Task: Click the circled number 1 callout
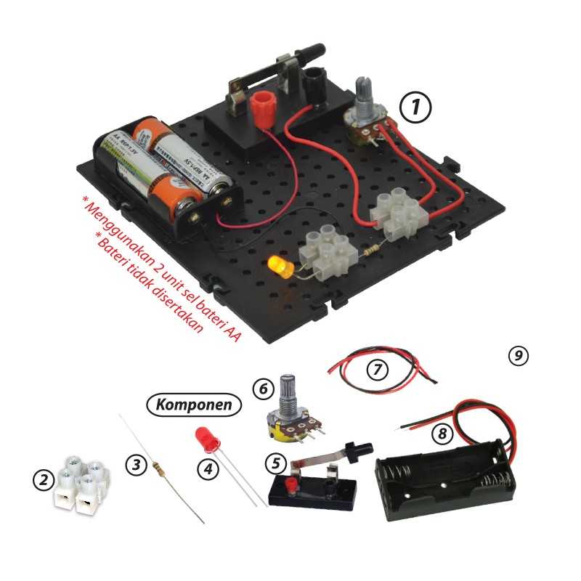[x=415, y=107]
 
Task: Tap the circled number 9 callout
[x=519, y=356]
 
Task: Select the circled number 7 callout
[x=377, y=370]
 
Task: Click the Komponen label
[x=194, y=405]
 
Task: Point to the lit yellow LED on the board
[x=281, y=266]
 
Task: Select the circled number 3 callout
[x=137, y=464]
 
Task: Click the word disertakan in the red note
[x=177, y=306]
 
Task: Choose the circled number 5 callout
[x=277, y=463]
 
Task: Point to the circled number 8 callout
[x=442, y=433]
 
